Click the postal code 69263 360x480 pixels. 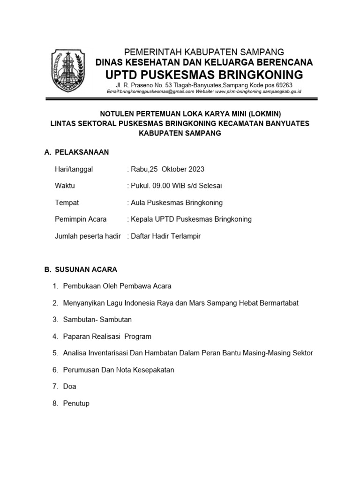(x=283, y=85)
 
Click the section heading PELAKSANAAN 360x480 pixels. (x=82, y=152)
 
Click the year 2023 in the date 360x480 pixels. (x=195, y=169)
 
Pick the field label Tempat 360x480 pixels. (x=67, y=202)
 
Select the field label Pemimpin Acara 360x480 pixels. (x=81, y=219)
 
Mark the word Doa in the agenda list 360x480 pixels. (x=69, y=387)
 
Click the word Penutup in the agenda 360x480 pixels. (x=76, y=403)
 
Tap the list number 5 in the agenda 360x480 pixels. (x=55, y=353)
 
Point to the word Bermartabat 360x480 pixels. (x=275, y=303)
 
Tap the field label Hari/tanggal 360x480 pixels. (x=74, y=169)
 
